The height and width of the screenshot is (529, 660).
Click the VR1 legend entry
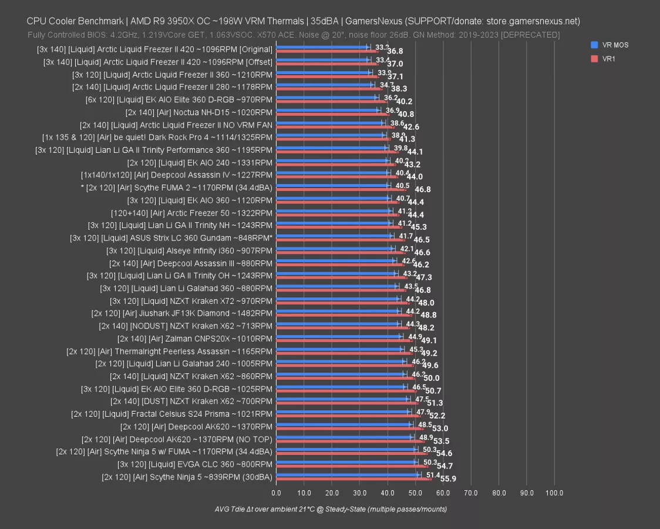pyautogui.click(x=608, y=58)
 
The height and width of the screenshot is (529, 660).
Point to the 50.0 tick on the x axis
pyautogui.click(x=415, y=493)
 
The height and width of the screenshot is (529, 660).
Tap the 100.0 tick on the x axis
pyautogui.click(x=554, y=493)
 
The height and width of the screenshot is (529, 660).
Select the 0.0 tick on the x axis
pyautogui.click(x=276, y=493)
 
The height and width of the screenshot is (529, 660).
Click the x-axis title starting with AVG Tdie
pyautogui.click(x=331, y=509)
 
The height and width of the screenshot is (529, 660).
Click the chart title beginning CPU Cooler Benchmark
pyautogui.click(x=303, y=21)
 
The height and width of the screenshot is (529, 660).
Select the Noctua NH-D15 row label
pyautogui.click(x=198, y=112)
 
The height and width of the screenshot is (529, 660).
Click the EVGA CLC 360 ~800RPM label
pyautogui.click(x=195, y=464)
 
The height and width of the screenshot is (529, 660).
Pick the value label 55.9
pyautogui.click(x=448, y=479)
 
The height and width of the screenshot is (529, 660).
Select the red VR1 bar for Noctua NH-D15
pyautogui.click(x=332, y=114)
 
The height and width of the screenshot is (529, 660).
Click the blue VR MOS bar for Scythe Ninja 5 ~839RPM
pyautogui.click(x=347, y=474)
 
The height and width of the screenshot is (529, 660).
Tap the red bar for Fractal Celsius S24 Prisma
pyautogui.click(x=348, y=416)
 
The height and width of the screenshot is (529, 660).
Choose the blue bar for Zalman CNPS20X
pyautogui.click(x=338, y=337)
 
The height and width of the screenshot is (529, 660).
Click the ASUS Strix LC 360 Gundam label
pyautogui.click(x=171, y=238)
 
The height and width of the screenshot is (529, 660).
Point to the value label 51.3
pyautogui.click(x=435, y=403)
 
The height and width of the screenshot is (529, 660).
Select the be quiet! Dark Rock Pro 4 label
pyautogui.click(x=157, y=138)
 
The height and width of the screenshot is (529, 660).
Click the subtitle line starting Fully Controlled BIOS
pyautogui.click(x=294, y=35)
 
